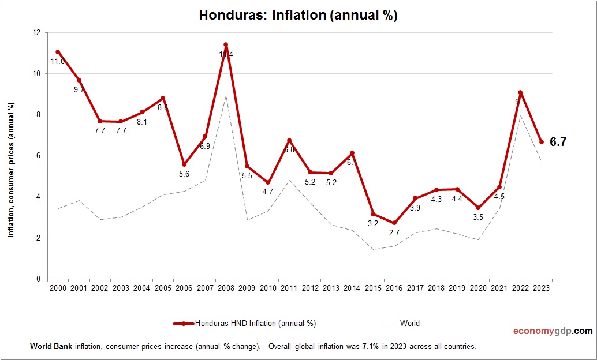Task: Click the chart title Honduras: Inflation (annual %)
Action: [x=298, y=16]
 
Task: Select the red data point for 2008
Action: [x=226, y=44]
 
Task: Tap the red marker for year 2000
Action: [x=58, y=52]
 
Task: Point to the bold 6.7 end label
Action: [x=558, y=142]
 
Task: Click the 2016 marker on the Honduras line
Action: [x=394, y=223]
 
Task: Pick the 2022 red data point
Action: [x=520, y=92]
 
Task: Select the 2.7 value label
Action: [x=394, y=232]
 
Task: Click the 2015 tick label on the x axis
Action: [x=373, y=288]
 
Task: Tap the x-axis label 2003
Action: [x=121, y=288]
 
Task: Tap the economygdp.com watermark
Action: [x=553, y=331]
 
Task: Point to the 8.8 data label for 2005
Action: [x=163, y=107]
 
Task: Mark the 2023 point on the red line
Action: [x=541, y=142]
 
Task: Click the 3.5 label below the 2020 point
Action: [x=478, y=217]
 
